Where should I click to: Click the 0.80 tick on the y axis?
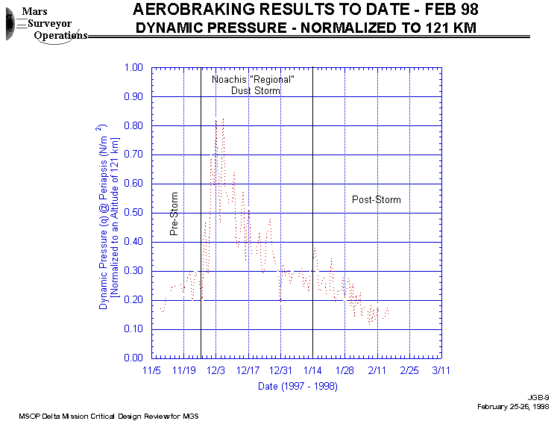coord(132,125)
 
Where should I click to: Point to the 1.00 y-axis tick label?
coord(132,67)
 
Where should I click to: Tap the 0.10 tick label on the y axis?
coord(132,329)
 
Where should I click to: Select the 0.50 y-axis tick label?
coord(132,213)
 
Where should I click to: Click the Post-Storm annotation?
coord(376,200)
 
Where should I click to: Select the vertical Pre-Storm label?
coord(174,214)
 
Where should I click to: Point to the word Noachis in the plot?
coord(228,80)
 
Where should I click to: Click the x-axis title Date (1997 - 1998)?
coord(298,387)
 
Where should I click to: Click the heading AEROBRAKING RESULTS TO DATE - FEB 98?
coord(306,10)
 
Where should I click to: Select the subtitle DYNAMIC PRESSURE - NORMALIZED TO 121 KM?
coord(306,28)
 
